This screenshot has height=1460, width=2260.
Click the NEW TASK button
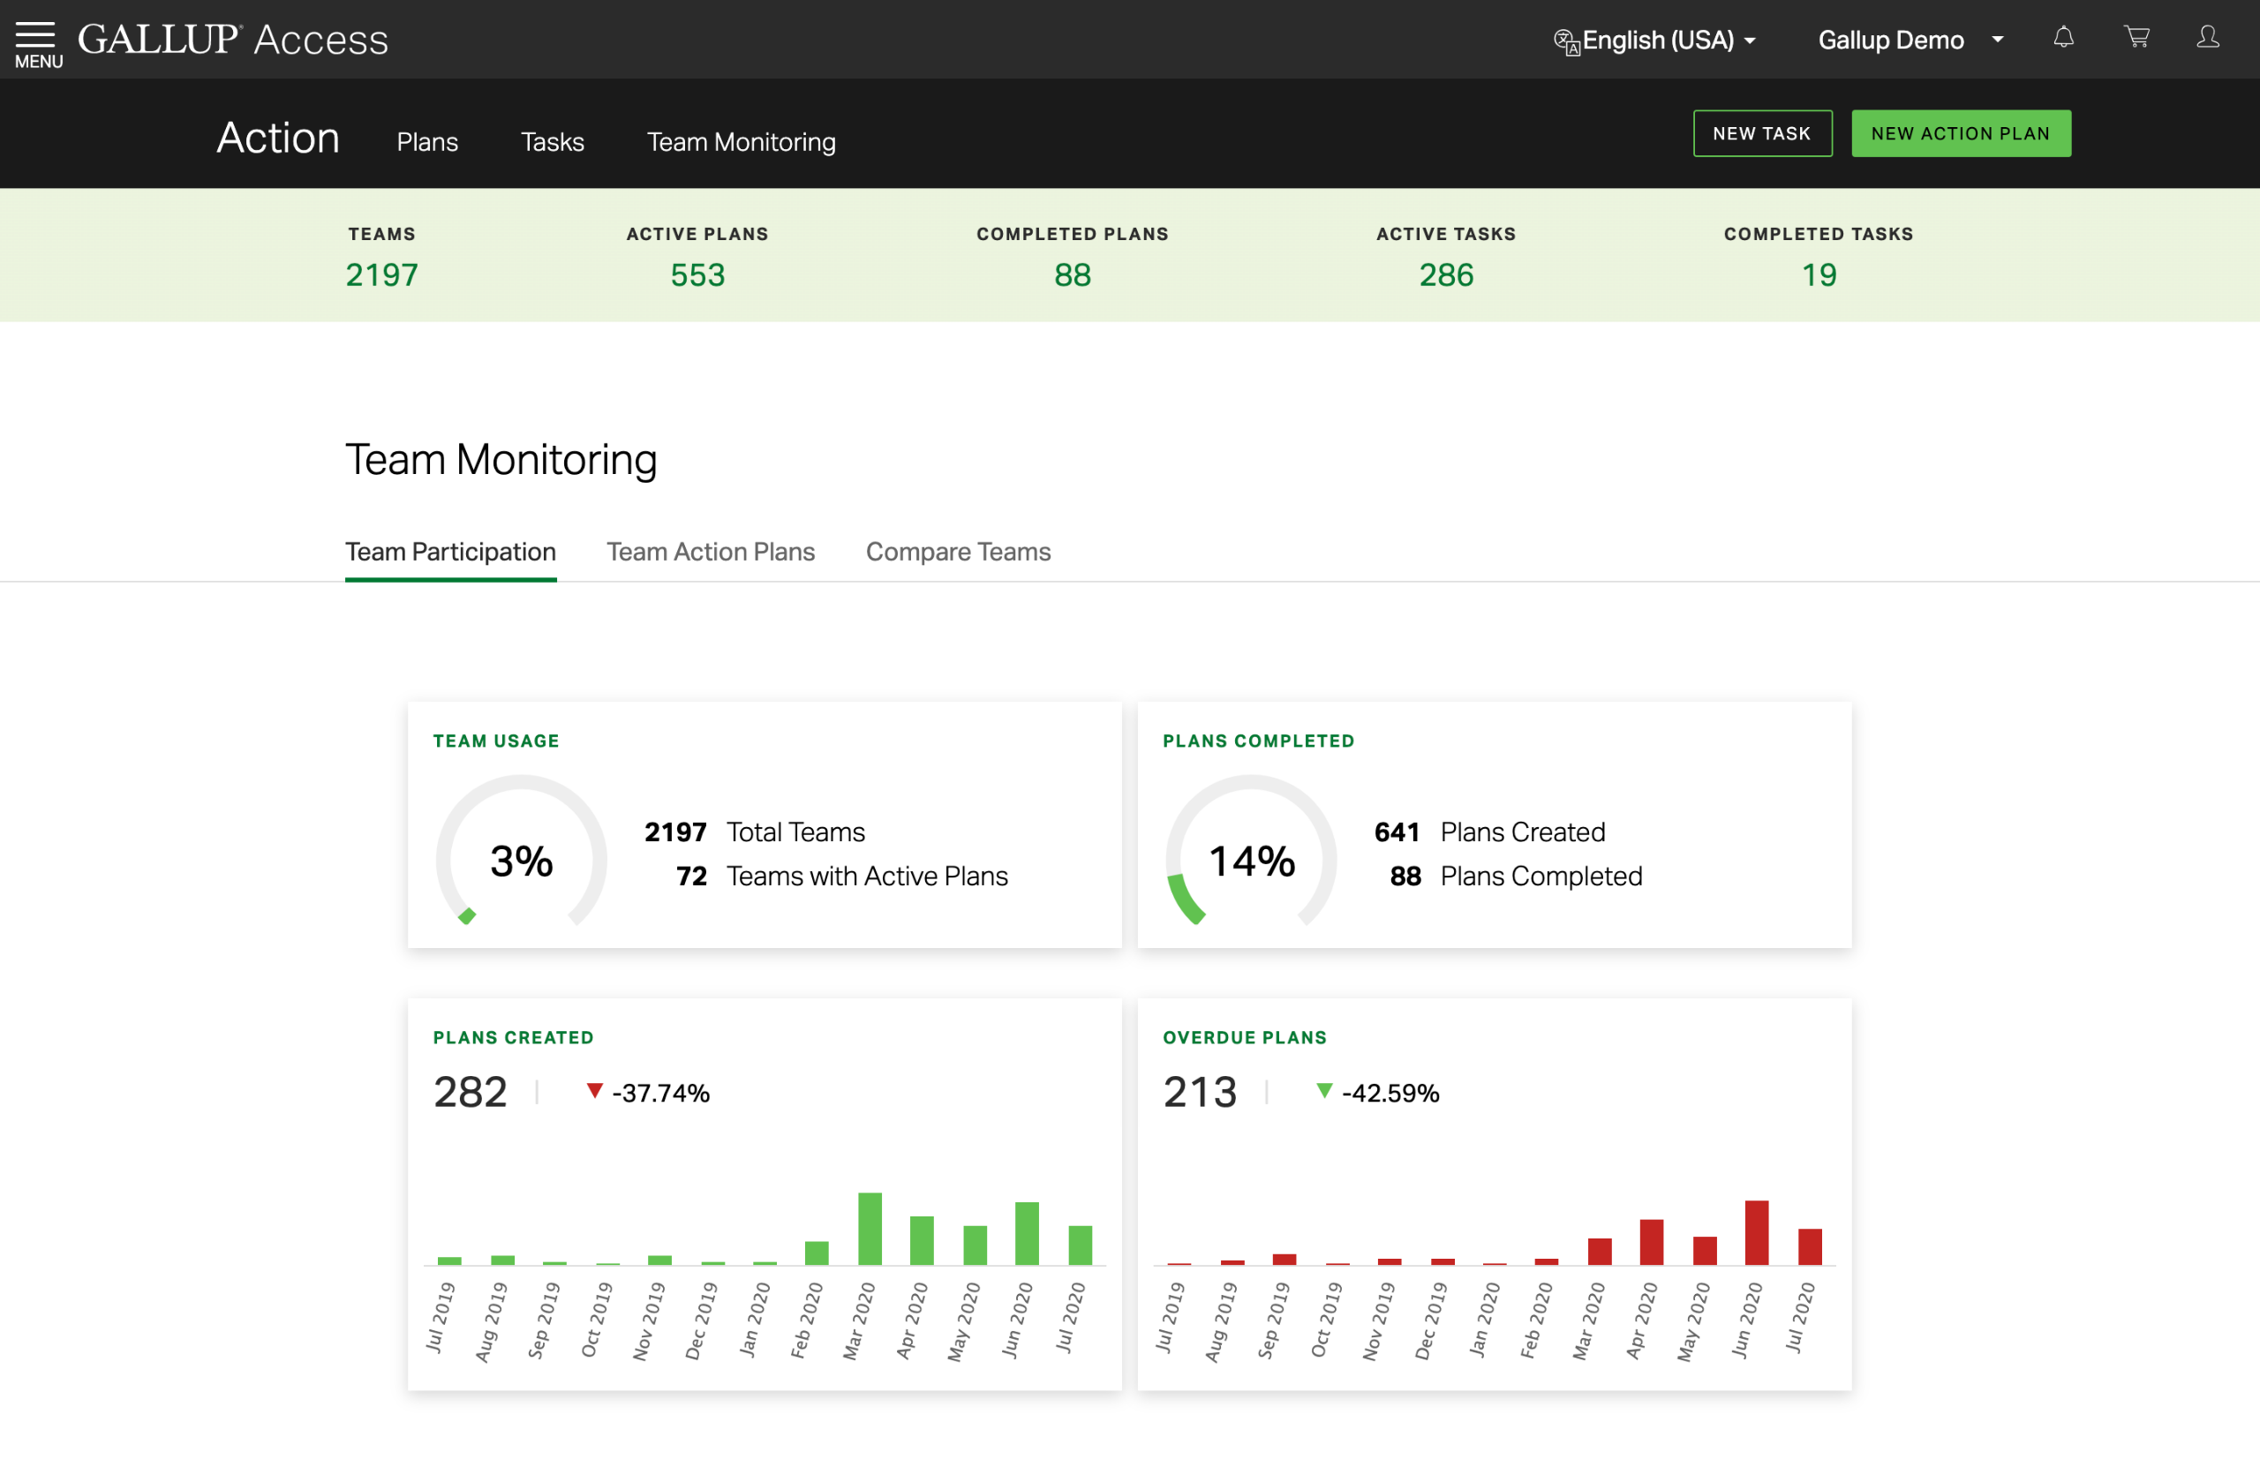coord(1761,133)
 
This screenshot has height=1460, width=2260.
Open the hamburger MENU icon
coord(36,41)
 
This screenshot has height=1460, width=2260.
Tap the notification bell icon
coord(2063,38)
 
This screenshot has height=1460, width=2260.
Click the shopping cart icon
coord(2136,38)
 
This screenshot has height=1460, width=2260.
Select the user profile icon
coord(2208,38)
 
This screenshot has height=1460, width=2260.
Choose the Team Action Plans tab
coord(710,552)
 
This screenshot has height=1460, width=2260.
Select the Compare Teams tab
coord(958,552)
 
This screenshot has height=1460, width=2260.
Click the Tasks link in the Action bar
coord(552,142)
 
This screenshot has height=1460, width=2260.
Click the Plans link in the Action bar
coord(426,142)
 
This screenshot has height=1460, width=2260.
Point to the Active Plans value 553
coord(697,275)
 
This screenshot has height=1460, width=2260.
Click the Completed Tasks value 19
coord(1819,275)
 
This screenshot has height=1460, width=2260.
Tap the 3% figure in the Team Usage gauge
coord(521,861)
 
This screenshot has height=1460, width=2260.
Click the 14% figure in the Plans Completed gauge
coord(1251,861)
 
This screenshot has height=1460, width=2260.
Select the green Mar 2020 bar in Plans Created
coord(870,1229)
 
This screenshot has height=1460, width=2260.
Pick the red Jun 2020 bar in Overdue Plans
coord(1756,1232)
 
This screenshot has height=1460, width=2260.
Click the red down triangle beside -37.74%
coord(594,1090)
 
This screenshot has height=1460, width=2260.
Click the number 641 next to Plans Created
coord(1397,832)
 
